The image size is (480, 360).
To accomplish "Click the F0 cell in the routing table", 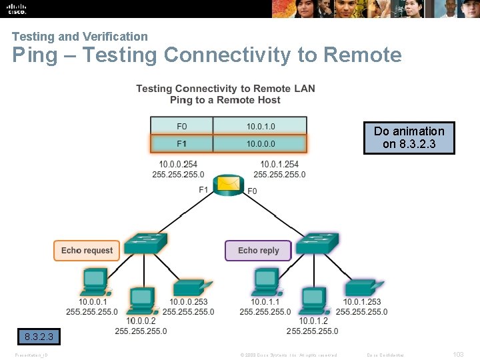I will click(181, 126).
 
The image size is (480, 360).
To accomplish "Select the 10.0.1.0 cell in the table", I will click(260, 126).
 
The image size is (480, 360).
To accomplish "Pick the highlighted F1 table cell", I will click(181, 143).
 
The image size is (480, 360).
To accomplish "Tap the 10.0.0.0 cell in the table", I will click(260, 143).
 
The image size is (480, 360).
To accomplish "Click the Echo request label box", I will click(87, 251).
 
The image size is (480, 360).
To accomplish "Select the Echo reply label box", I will click(258, 251).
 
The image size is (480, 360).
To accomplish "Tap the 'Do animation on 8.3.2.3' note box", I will click(409, 137).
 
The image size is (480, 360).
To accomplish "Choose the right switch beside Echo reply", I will click(317, 243).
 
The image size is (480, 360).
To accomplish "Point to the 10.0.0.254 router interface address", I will click(178, 164).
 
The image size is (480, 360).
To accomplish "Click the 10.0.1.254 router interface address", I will click(279, 164).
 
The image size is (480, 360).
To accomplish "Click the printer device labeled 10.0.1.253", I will click(363, 287).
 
